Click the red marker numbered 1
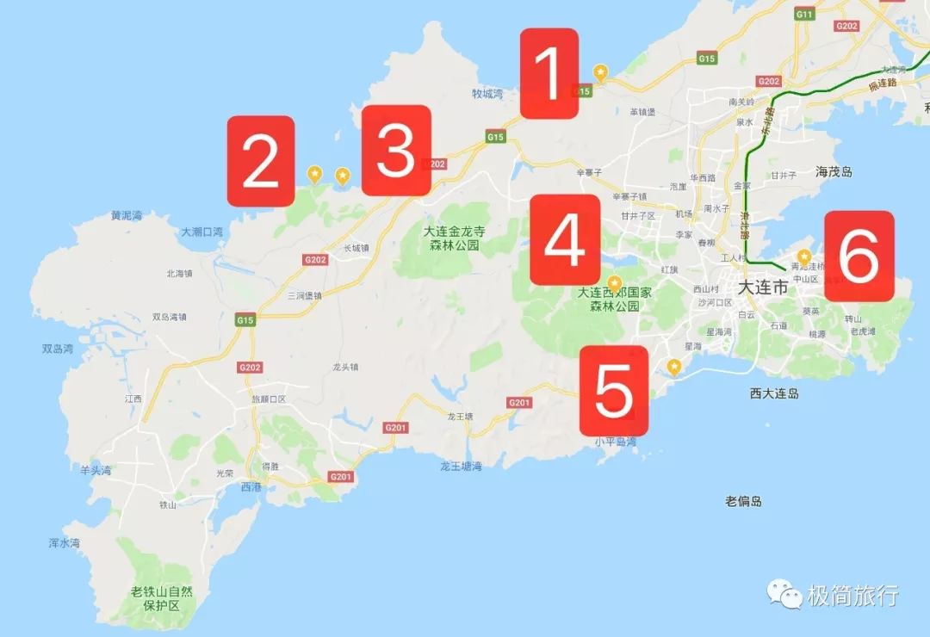tap(549, 73)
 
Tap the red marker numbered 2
tap(261, 162)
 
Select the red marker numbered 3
tap(396, 151)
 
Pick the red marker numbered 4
tap(565, 239)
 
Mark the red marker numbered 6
tap(859, 256)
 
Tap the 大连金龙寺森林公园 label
tap(455, 238)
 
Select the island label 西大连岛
tap(775, 393)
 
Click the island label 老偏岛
tap(743, 501)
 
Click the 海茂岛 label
tap(834, 172)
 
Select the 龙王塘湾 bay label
tap(461, 466)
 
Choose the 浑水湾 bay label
tap(65, 543)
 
